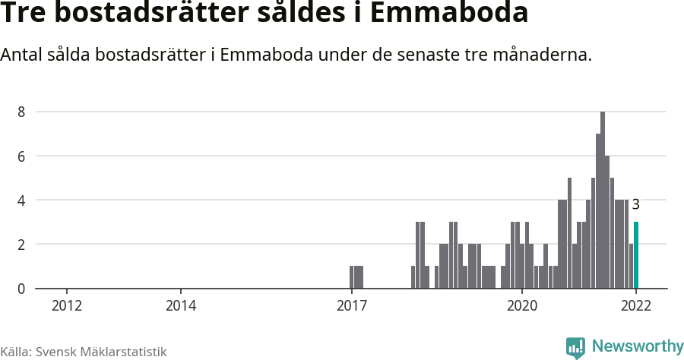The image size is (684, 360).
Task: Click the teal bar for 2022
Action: tap(636, 256)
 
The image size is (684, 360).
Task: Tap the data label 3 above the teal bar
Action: tap(636, 205)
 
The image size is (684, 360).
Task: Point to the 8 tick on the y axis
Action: tap(21, 112)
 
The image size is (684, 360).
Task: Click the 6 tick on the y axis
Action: tap(21, 156)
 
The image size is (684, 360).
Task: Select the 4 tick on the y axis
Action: tap(21, 201)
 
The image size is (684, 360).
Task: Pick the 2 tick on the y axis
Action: tap(21, 245)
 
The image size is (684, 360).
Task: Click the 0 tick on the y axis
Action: tap(21, 289)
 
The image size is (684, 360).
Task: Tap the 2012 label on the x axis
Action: tap(67, 306)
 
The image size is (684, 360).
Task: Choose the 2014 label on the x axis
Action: tap(181, 306)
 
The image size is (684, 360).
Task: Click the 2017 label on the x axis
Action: tap(351, 306)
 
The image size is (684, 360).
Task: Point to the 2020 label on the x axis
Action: tap(522, 306)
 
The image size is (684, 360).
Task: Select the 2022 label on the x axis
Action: tap(636, 306)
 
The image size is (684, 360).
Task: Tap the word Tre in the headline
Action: tap(27, 14)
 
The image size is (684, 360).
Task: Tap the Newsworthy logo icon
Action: tap(575, 347)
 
